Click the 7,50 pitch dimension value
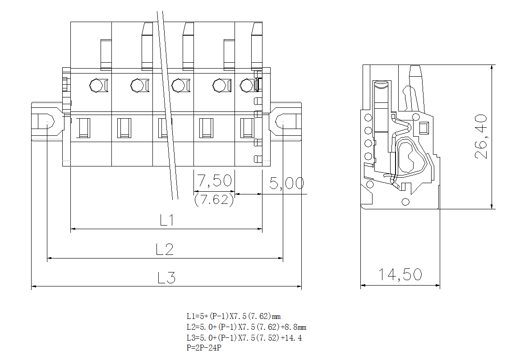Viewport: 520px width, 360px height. (x=215, y=181)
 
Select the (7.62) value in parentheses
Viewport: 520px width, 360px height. (x=214, y=199)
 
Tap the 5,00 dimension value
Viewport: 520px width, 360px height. (x=286, y=183)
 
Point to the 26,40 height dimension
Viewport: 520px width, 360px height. (x=481, y=136)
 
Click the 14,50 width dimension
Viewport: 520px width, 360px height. (x=400, y=274)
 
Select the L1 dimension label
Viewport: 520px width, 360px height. (x=167, y=220)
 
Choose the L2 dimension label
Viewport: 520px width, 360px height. (x=165, y=249)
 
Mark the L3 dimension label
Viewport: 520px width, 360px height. (x=166, y=278)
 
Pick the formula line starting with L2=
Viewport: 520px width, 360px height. (x=246, y=327)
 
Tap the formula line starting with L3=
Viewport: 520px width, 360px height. (x=244, y=337)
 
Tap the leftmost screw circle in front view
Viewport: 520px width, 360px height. (x=96, y=85)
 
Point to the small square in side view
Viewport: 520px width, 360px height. (x=423, y=128)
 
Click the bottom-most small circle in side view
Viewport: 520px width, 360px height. (x=405, y=202)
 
